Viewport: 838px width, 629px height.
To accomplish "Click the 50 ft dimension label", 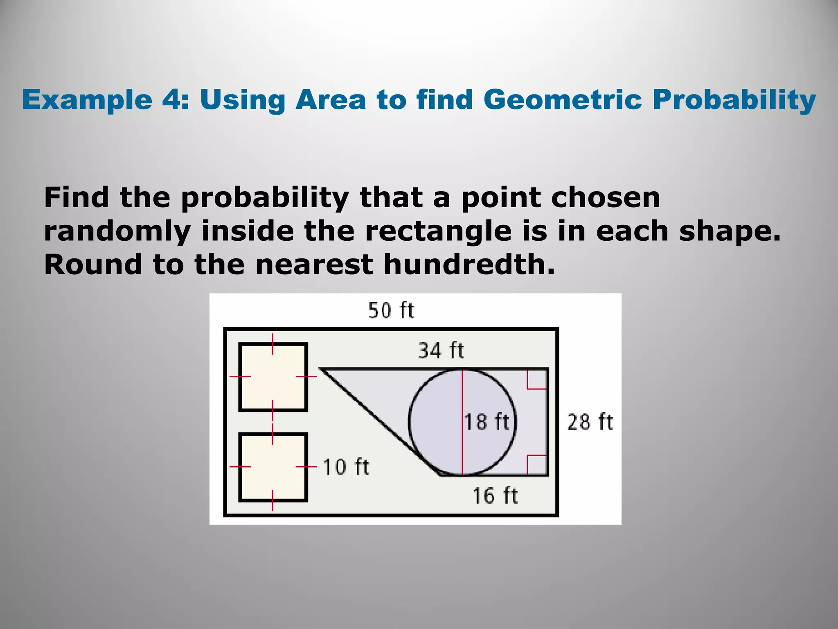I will [391, 310].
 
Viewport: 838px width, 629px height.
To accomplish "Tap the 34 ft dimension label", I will [441, 351].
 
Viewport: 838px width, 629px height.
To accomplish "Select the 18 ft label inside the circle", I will [487, 422].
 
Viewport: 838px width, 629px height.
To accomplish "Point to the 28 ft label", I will [590, 422].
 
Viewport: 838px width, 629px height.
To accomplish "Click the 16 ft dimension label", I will [495, 496].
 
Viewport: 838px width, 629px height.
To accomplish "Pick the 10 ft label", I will [346, 467].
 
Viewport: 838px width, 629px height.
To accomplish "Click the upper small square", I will [273, 377].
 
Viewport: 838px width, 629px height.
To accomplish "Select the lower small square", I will [273, 467].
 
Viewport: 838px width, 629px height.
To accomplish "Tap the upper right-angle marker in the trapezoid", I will [537, 379].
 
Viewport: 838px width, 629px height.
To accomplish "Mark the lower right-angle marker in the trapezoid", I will [537, 465].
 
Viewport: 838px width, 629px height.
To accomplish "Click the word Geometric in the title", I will [562, 100].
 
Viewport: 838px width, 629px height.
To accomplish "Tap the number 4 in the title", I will [172, 100].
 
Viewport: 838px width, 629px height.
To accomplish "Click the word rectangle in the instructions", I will [438, 231].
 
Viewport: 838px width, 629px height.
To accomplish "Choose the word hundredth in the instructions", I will [469, 264].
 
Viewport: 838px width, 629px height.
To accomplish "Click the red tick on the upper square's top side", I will [273, 344].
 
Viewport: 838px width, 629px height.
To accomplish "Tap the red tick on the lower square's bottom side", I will [273, 500].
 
